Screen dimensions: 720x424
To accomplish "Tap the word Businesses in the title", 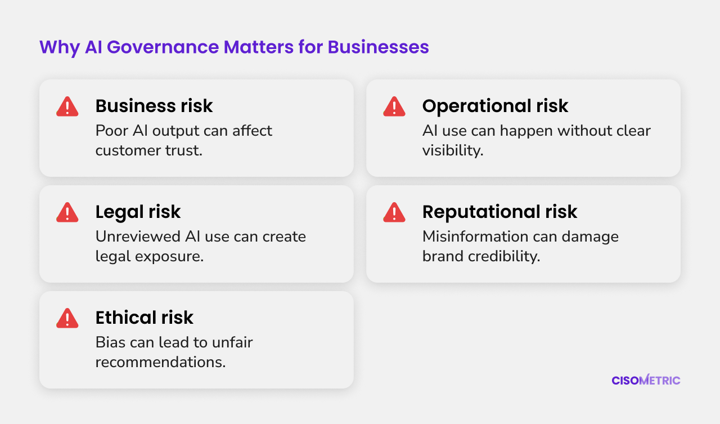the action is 379,47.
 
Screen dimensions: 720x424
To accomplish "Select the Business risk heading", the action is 154,105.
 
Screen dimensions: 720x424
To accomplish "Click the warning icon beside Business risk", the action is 67,106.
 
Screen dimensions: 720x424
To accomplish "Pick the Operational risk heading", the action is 495,106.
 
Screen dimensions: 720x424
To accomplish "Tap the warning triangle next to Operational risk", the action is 394,106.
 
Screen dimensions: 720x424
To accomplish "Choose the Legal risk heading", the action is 138,212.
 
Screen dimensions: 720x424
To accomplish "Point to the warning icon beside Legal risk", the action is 67,212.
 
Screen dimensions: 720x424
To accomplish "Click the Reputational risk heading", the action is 499,212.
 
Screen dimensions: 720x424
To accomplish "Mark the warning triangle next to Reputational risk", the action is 394,212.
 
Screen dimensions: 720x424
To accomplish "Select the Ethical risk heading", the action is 145,318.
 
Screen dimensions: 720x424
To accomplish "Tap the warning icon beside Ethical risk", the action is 67,318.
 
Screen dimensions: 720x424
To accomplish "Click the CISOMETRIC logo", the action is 646,380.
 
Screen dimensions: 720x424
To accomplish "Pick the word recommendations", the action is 160,362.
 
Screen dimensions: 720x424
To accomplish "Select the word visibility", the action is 453,150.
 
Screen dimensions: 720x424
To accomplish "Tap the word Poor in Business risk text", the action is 112,131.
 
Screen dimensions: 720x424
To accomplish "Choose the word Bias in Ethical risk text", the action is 110,342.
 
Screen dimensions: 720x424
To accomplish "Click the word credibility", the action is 504,256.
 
